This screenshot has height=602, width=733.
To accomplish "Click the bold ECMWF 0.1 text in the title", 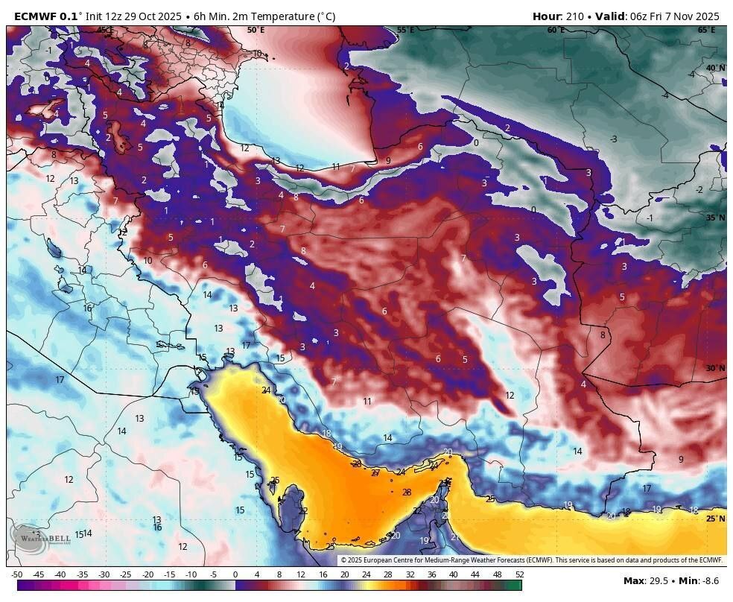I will pos(46,16).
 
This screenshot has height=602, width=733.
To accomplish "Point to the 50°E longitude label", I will pos(256,31).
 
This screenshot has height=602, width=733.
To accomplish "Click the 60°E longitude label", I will pos(556,31).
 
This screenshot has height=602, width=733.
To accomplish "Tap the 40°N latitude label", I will pos(715,68).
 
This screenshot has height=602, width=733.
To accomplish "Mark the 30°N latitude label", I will pos(715,368).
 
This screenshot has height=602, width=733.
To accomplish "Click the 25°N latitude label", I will pos(715,519).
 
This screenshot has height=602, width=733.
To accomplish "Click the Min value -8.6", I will pos(711,580).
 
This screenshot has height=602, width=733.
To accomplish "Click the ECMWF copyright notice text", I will pos(531,560).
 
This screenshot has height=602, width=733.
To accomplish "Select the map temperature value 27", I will pos(375,472).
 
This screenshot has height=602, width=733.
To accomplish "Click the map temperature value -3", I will pos(613,139).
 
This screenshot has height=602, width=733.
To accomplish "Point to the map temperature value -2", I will pos(699,190).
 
